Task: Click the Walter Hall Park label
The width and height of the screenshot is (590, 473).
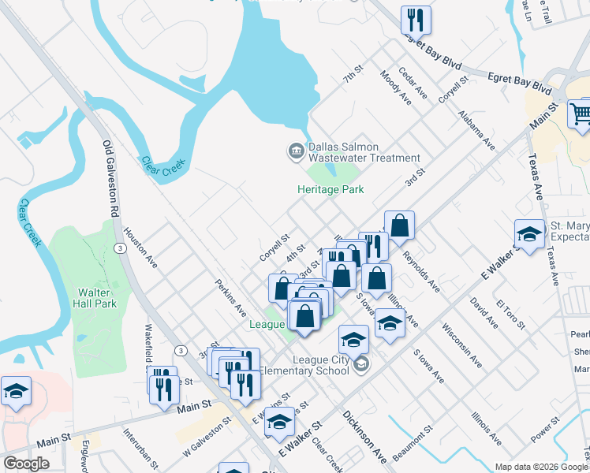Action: (95, 298)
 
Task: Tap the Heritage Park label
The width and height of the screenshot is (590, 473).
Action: (330, 189)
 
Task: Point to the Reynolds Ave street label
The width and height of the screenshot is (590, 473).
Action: (421, 271)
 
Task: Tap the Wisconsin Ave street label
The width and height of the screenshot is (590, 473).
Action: (462, 345)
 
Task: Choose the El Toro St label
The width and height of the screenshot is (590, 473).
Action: (511, 314)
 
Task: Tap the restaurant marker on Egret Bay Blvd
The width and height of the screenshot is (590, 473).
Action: (416, 20)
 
